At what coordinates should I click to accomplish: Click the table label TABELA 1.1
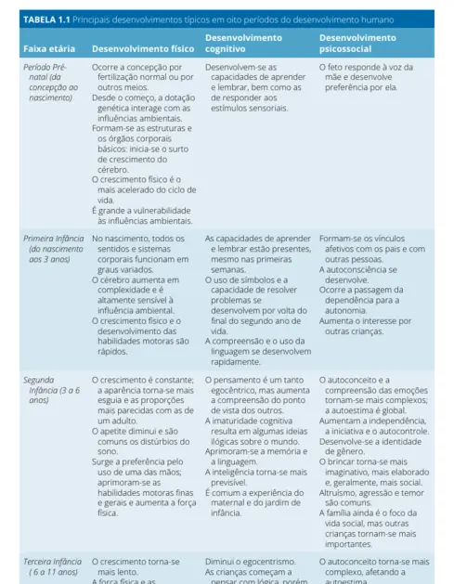45,19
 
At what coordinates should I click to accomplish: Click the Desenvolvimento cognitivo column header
243,42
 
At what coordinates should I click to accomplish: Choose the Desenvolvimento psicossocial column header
357,42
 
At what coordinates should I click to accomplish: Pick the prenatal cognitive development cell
252,88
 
